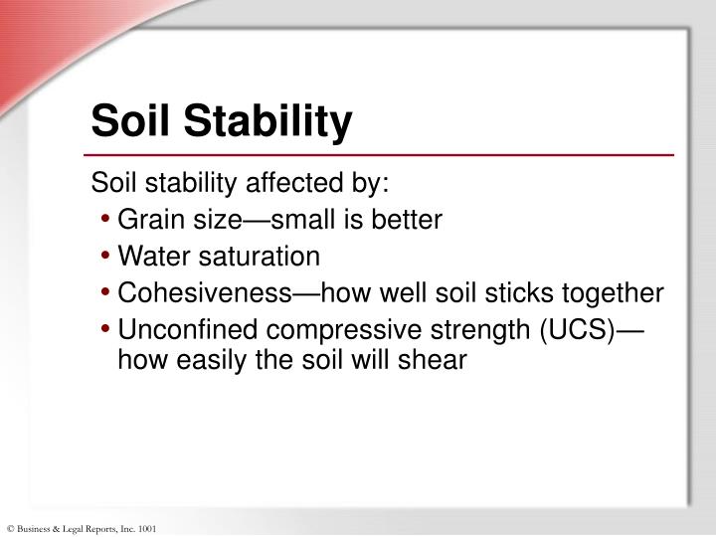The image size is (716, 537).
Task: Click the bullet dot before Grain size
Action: pos(105,221)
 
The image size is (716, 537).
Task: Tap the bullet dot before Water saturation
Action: pos(105,258)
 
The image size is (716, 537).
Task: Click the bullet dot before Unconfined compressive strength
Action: pos(105,331)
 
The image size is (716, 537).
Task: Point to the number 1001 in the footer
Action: pos(146,528)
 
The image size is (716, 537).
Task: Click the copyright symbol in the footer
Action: pos(9,528)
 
